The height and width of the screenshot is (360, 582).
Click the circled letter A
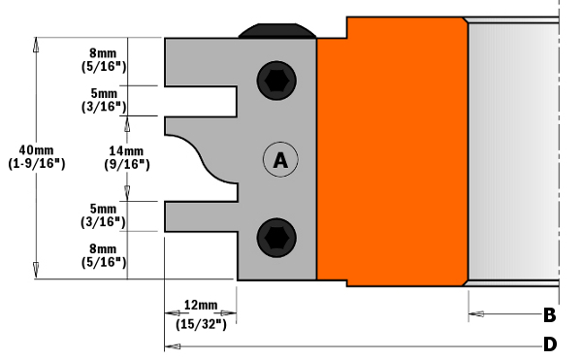click(280, 159)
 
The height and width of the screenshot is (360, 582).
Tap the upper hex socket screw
click(276, 81)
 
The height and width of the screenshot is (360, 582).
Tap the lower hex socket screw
click(276, 238)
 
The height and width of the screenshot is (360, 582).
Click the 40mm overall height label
click(37, 150)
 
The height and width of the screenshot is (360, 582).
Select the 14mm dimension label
click(126, 151)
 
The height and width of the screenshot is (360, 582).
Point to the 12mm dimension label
click(201, 305)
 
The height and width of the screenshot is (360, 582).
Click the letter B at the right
click(550, 315)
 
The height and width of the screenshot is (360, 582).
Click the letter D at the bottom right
click(550, 344)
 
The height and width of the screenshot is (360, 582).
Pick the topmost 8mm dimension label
click(103, 53)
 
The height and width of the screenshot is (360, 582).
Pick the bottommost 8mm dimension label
click(103, 248)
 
